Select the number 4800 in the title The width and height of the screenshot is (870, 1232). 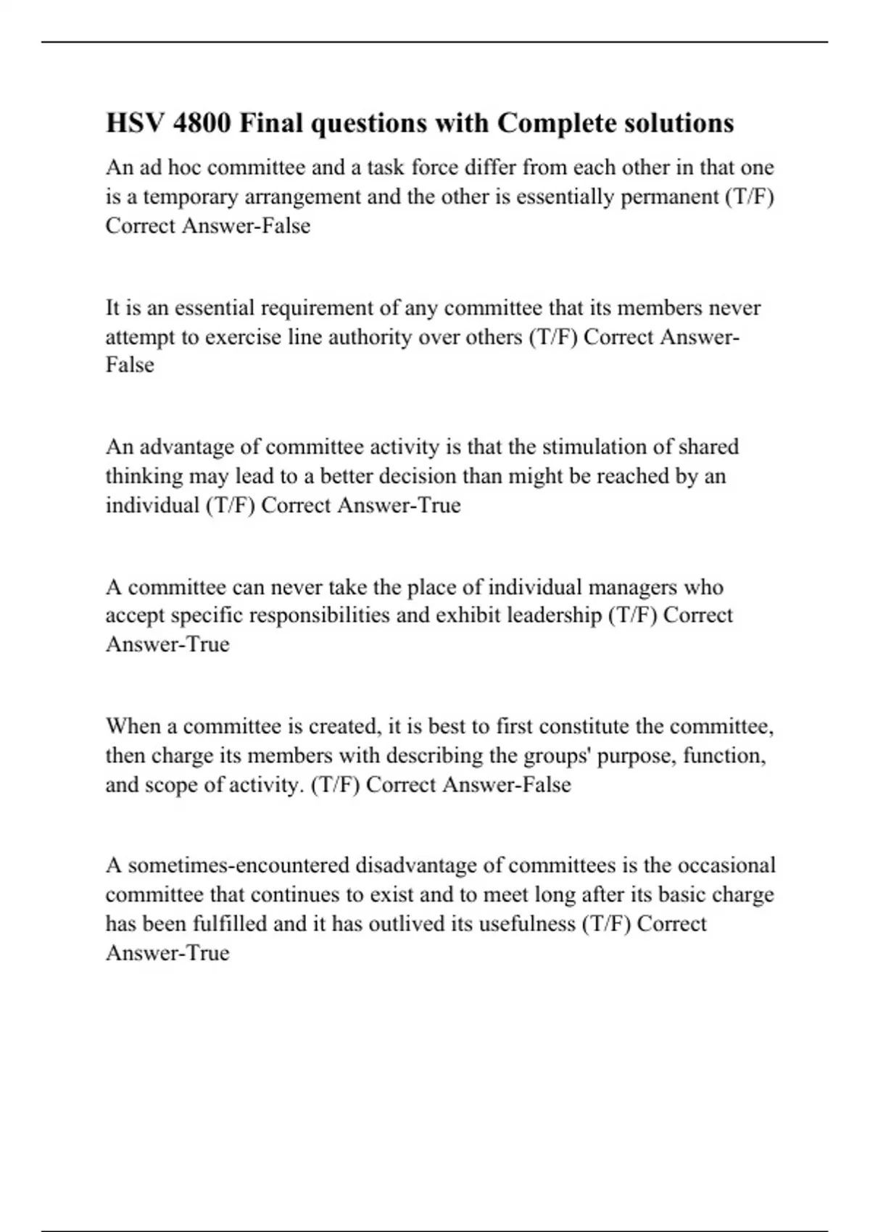(203, 123)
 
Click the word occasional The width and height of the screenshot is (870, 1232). (727, 865)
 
